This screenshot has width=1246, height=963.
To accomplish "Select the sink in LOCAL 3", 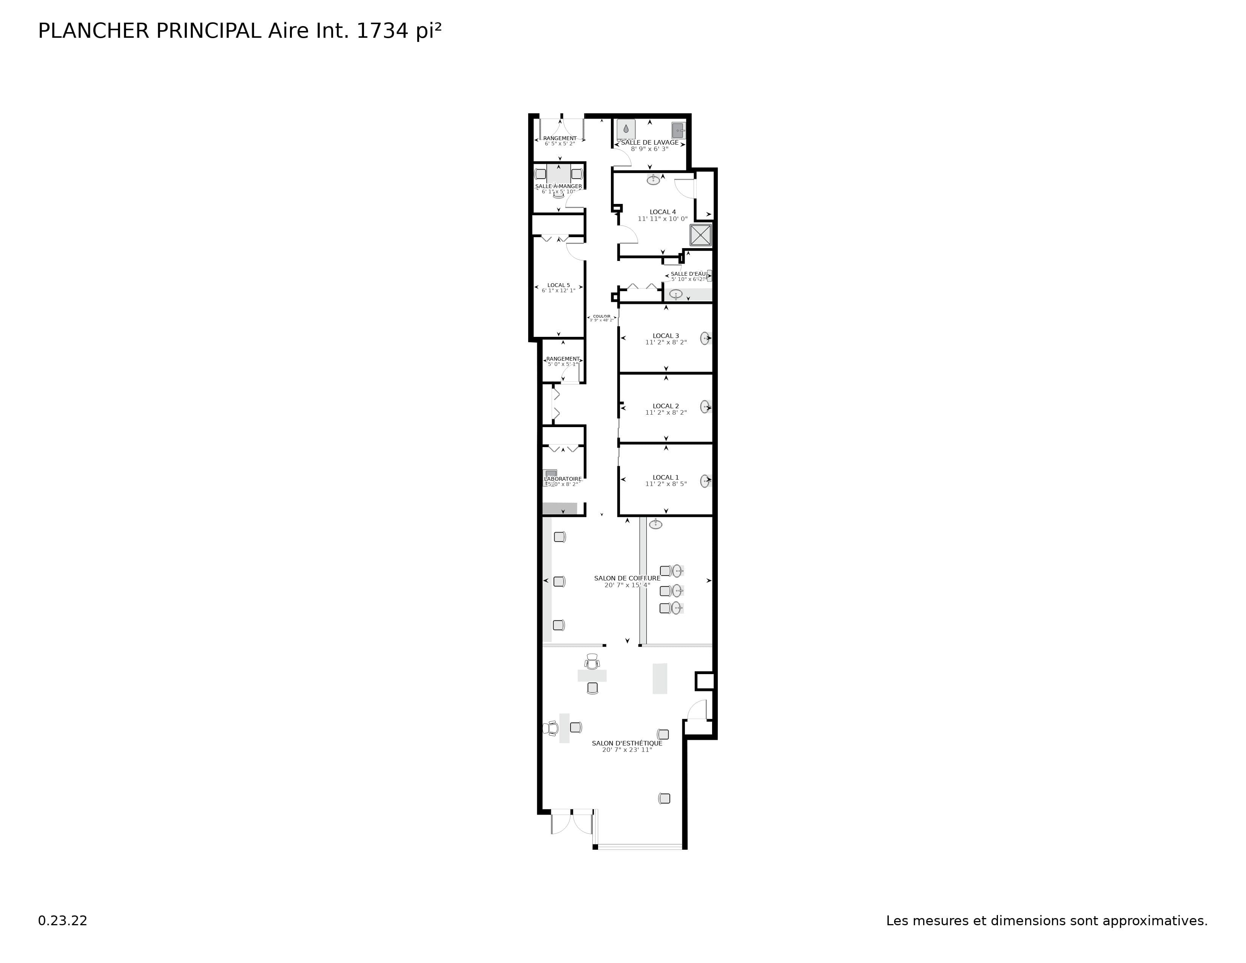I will pos(705,338).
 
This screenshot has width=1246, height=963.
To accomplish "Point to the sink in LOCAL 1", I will pos(705,481).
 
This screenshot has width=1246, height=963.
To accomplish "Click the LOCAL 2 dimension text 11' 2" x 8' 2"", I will pos(666,412).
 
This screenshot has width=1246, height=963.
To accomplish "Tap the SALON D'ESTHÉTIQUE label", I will pos(627,743).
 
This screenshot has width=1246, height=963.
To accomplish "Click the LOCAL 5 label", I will pos(558,285).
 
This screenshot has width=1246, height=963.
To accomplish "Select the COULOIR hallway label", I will pos(601,316).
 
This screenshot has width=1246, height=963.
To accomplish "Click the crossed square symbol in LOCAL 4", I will pos(700,235).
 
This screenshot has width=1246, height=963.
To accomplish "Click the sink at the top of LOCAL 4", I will pos(653,180).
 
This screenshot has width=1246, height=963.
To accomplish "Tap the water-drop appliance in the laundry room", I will pos(626,129).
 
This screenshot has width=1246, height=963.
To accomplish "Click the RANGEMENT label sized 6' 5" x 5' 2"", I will pos(560,139).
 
